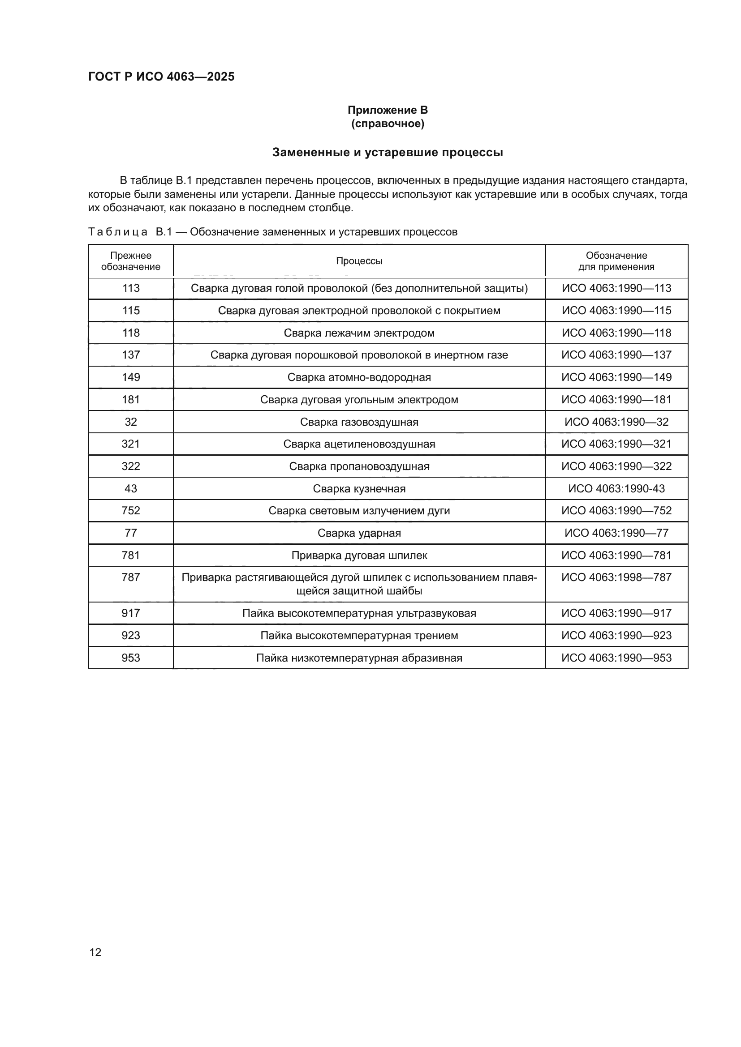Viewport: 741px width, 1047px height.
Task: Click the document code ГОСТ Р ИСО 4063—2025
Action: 161,77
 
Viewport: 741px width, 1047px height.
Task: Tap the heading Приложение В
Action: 388,110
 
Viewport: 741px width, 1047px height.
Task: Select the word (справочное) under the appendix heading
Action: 388,124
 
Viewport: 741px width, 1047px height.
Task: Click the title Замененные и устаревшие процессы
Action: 388,152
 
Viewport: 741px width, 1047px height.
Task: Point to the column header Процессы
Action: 359,261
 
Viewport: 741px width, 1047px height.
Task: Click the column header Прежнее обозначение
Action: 130,261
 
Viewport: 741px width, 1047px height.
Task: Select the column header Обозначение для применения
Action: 616,261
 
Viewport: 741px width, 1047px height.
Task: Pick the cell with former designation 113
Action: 130,288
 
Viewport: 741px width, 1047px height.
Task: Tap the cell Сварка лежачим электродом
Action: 359,333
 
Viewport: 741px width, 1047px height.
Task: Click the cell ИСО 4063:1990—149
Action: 616,377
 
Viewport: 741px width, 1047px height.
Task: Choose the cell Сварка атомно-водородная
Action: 359,377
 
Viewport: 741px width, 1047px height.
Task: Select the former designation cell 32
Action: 130,422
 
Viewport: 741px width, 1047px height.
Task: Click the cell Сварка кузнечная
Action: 359,489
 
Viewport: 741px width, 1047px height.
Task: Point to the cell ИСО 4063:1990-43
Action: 616,489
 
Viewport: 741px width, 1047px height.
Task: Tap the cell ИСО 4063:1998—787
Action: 616,577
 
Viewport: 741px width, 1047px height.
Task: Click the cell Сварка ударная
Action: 359,533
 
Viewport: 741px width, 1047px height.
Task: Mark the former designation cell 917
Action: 130,613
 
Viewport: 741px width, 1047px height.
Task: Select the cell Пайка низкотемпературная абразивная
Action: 359,658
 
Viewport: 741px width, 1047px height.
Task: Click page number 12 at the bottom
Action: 95,952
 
